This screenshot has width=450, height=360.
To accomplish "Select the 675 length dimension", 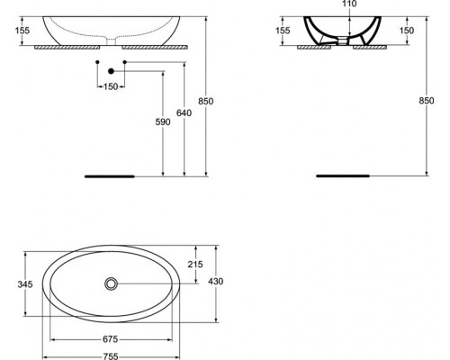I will coord(110,339).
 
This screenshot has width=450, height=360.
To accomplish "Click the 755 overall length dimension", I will coord(110,355).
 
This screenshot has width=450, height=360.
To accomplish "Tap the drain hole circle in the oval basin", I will coord(111,283).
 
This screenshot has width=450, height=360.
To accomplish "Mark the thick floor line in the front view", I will coord(109,176).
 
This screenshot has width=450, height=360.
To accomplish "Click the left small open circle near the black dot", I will coord(97,62).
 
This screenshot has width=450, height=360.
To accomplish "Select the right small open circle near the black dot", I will coord(124,62).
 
